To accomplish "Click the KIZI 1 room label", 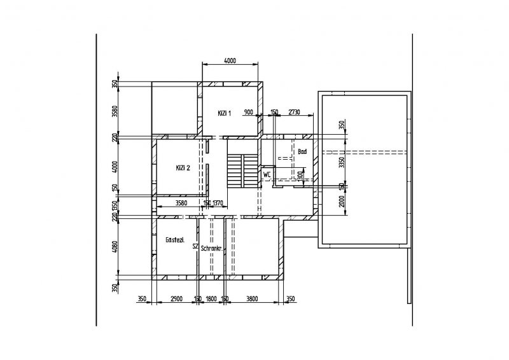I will (x=224, y=113).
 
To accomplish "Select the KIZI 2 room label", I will (x=183, y=168).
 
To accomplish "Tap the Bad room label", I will (x=302, y=152).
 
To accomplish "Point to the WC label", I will (x=267, y=174).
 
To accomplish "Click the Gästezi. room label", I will (x=174, y=240).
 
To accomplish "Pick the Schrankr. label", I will (x=210, y=249).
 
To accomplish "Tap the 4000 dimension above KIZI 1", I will (x=230, y=61).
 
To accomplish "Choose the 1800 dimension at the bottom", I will (x=212, y=298).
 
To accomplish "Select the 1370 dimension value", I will (x=218, y=203).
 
